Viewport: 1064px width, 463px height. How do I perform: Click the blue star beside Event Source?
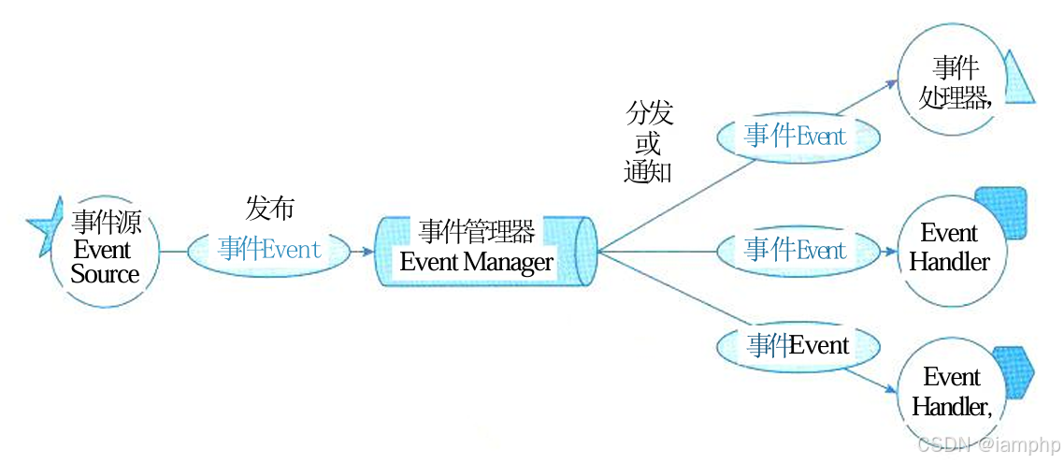pyautogui.click(x=45, y=224)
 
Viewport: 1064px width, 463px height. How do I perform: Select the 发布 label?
pyautogui.click(x=269, y=209)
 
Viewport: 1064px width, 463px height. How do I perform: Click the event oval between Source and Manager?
pyautogui.click(x=269, y=250)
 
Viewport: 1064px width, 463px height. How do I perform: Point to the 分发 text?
pyautogui.click(x=650, y=115)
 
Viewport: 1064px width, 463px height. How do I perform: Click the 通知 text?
pyautogui.click(x=648, y=171)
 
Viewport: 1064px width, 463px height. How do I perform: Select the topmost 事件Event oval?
pyautogui.click(x=797, y=137)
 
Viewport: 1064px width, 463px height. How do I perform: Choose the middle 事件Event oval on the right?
pyautogui.click(x=797, y=250)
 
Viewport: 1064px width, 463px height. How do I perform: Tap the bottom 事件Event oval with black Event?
pyautogui.click(x=798, y=346)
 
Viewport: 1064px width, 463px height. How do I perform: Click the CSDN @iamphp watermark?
pyautogui.click(x=987, y=443)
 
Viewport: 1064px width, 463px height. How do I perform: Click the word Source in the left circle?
pyautogui.click(x=105, y=274)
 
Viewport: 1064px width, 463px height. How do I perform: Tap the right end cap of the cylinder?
pyautogui.click(x=587, y=250)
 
